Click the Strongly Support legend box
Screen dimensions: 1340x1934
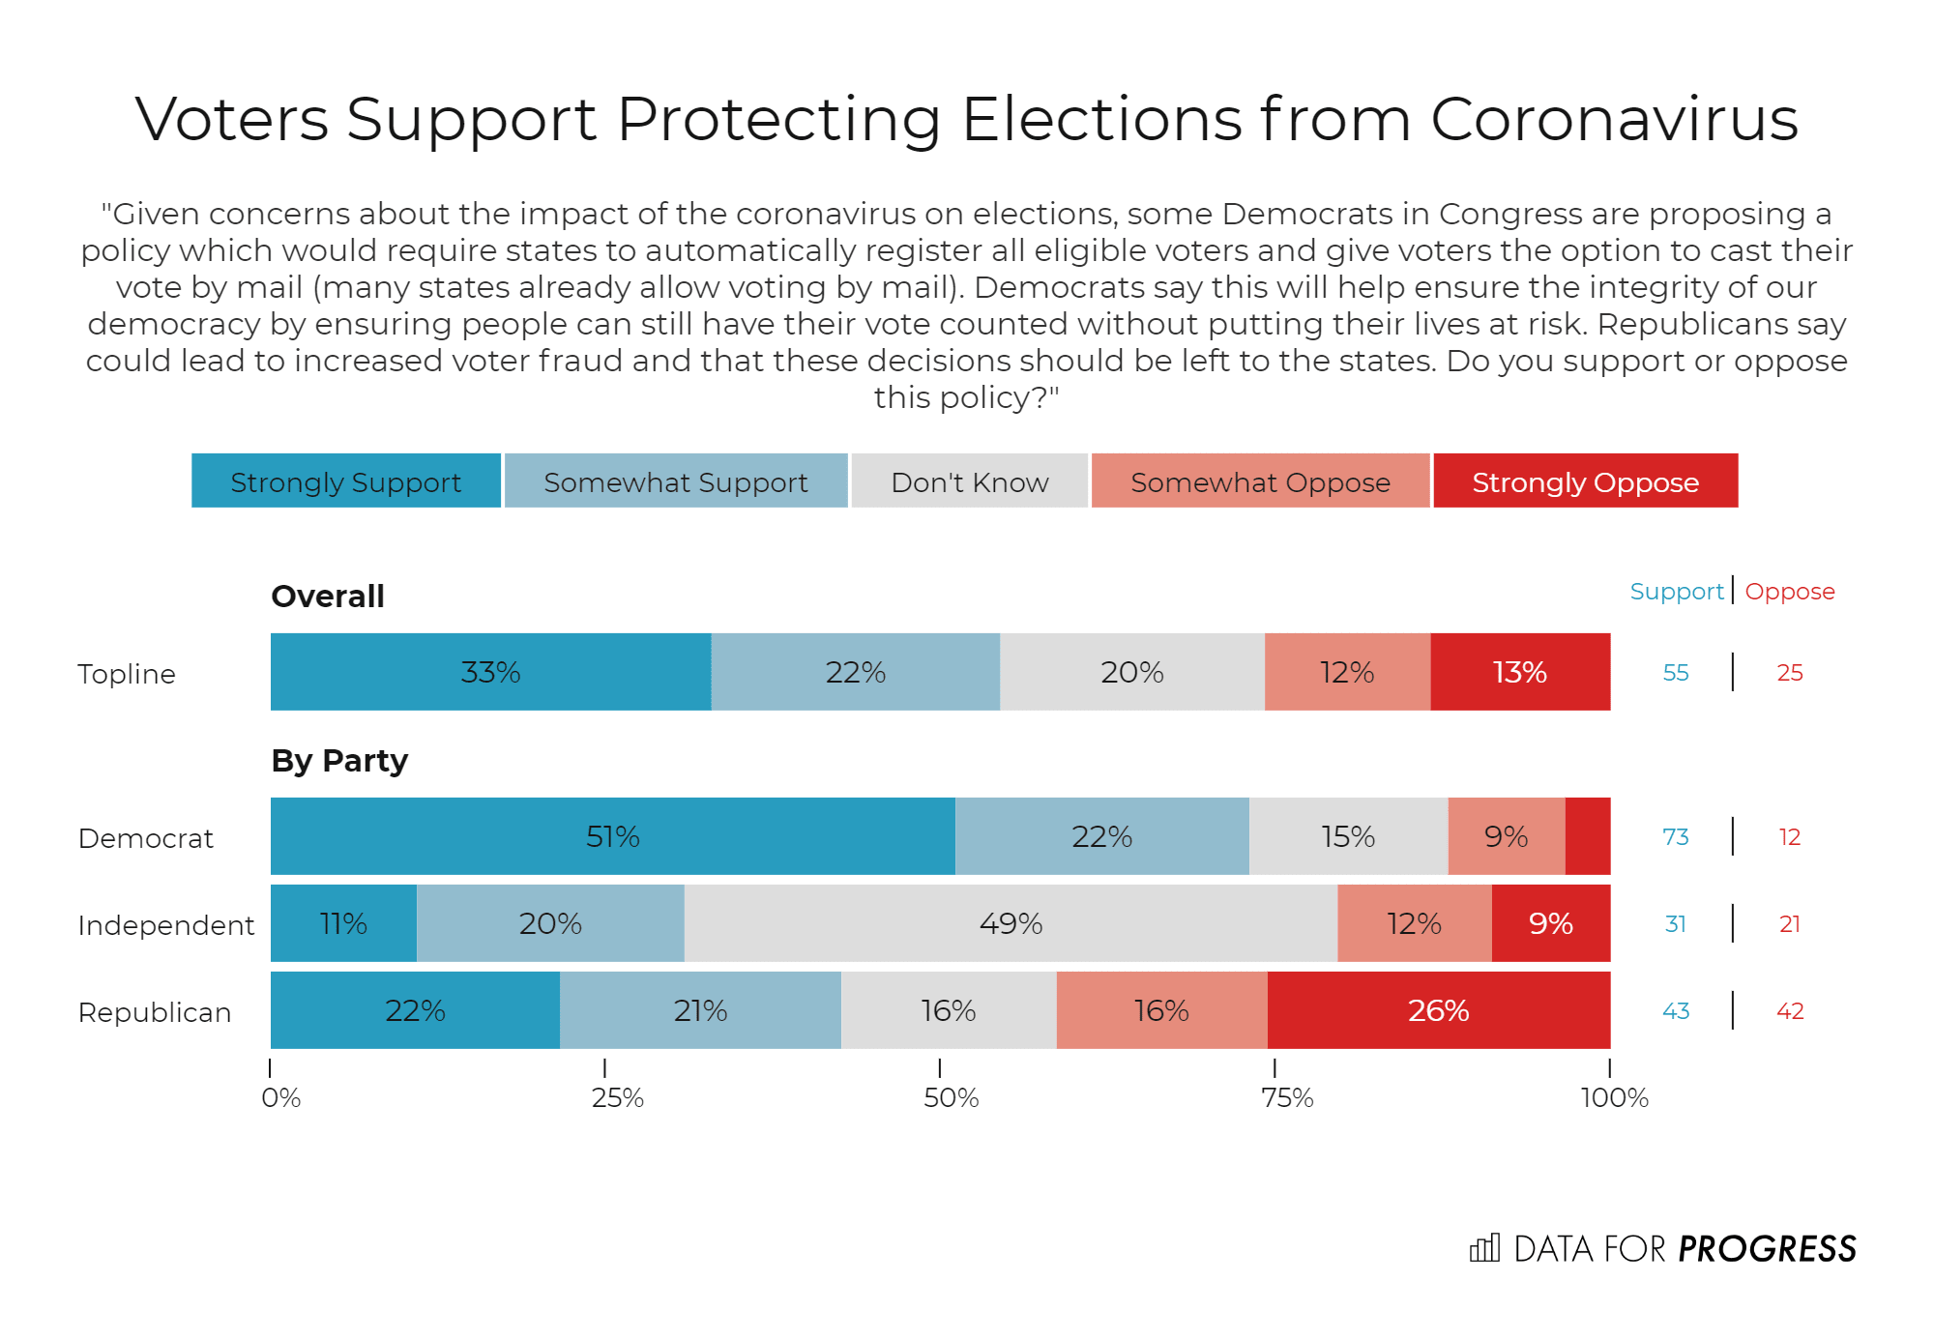click(x=346, y=481)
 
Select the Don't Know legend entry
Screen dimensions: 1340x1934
click(x=969, y=481)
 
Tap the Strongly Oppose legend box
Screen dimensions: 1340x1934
click(x=1585, y=481)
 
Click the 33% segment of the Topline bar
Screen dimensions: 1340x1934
click(x=490, y=672)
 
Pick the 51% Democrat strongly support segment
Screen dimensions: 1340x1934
click(x=612, y=836)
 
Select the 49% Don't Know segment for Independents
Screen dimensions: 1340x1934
click(x=1011, y=923)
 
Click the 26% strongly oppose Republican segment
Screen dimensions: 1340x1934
click(x=1438, y=1010)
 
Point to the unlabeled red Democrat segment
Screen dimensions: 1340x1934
click(x=1588, y=836)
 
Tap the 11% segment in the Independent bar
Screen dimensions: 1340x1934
click(x=343, y=923)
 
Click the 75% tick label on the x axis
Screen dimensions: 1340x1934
click(x=1287, y=1098)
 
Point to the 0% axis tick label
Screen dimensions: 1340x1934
click(x=280, y=1098)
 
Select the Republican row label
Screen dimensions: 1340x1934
click(x=155, y=1012)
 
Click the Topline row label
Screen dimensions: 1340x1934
click(x=127, y=674)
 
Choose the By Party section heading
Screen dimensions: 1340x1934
click(x=339, y=761)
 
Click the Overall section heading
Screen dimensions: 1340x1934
click(x=328, y=597)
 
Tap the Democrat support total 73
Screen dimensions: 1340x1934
click(x=1675, y=837)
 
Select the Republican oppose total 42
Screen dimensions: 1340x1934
click(x=1790, y=1011)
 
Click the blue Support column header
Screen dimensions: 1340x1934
click(x=1676, y=592)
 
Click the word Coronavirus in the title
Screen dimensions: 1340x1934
click(x=1614, y=120)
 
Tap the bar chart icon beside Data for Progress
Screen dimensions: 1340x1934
click(x=1484, y=1248)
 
